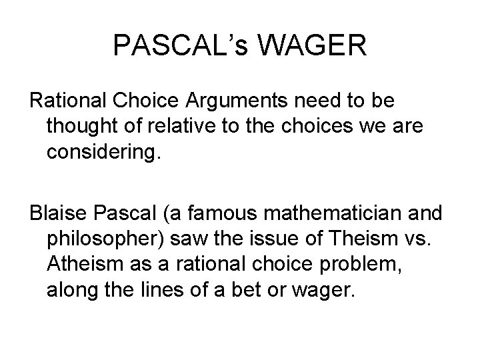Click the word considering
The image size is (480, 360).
[x=104, y=153]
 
